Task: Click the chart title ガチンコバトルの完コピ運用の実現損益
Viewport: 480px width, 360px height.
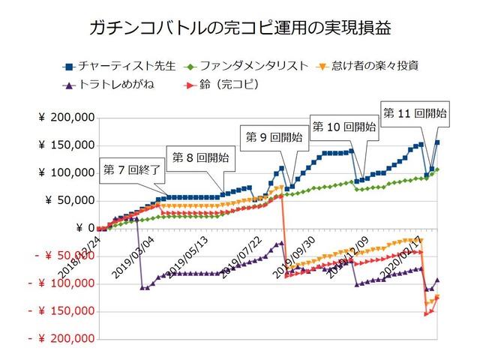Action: pos(240,29)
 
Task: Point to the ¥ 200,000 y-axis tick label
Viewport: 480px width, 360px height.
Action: pos(67,118)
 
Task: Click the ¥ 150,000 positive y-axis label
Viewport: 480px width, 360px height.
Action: pos(67,145)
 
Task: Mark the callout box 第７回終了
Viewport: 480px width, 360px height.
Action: pos(132,169)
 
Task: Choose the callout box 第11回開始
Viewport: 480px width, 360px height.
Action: pos(415,112)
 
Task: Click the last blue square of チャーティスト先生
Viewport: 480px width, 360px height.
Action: pos(438,142)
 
